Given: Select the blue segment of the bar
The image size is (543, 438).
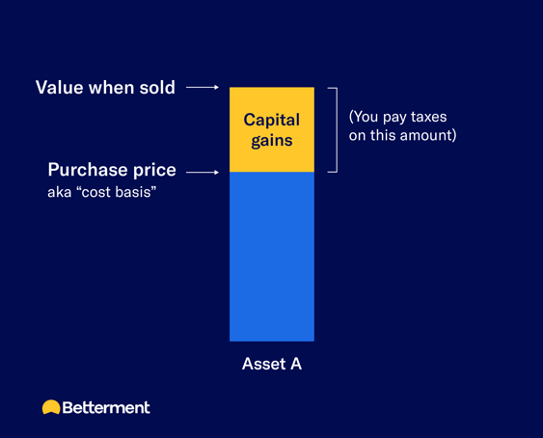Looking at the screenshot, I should point(271,256).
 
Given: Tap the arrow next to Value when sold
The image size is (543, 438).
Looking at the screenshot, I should point(203,88).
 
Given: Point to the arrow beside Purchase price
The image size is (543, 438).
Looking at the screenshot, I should point(203,173).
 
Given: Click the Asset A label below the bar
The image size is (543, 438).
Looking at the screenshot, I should point(271,365).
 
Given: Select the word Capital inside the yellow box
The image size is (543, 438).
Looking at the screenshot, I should point(271,121).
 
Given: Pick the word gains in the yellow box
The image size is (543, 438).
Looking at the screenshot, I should point(271,141).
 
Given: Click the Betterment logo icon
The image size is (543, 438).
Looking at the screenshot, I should point(51,407).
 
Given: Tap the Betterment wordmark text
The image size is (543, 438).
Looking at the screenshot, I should point(106,407).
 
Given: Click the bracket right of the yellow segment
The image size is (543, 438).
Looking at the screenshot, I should point(333,129).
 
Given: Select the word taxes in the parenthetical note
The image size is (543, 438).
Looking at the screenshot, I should point(425,117).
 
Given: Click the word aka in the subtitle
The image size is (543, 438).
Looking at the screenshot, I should point(60,193).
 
